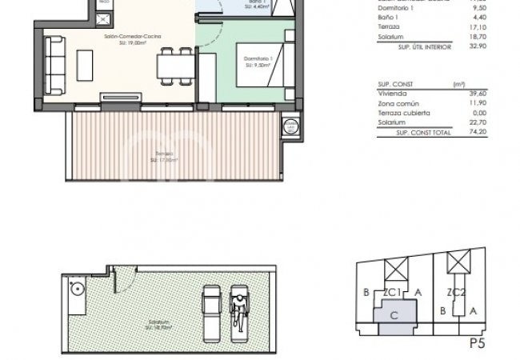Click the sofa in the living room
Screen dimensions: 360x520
coord(56,61)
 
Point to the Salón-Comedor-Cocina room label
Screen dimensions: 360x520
coord(132,37)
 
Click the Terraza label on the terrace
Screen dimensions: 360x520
coord(164,154)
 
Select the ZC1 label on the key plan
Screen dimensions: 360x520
coord(393,294)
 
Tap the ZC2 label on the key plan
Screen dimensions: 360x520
coord(456,294)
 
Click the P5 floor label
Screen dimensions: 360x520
coord(478,345)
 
